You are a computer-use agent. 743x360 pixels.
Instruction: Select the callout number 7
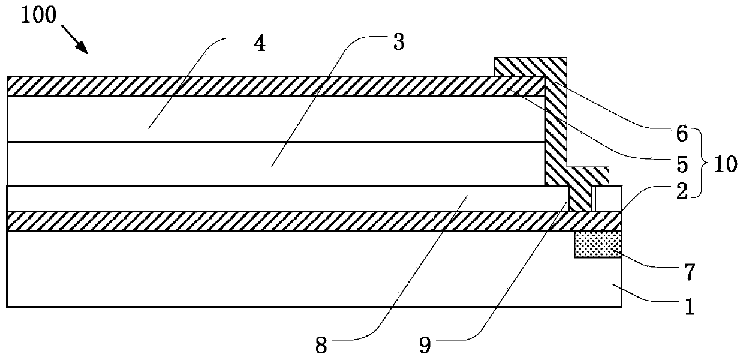coord(689,273)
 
